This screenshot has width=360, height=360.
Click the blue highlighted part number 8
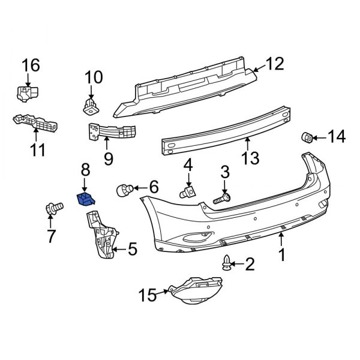pyautogui.click(x=85, y=199)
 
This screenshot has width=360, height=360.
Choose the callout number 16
pyautogui.click(x=31, y=65)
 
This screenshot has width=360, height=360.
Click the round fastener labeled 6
pyautogui.click(x=124, y=189)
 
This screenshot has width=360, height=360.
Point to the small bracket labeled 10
pyautogui.click(x=91, y=106)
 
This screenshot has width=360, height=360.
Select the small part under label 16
pyautogui.click(x=27, y=94)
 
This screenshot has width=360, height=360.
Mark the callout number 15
pyautogui.click(x=147, y=295)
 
